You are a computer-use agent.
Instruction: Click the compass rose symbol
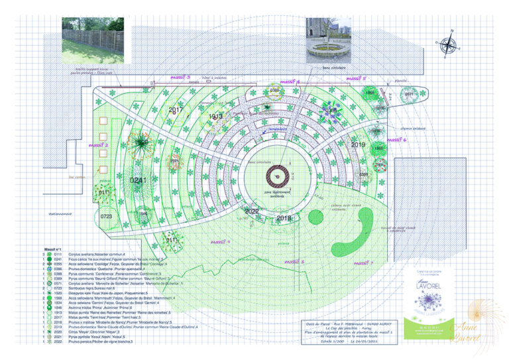pyautogui.click(x=449, y=44)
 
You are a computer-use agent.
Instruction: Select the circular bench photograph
pyautogui.click(x=328, y=38)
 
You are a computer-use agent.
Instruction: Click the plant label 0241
pyautogui.click(x=139, y=180)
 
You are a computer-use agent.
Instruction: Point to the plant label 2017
pyautogui.click(x=176, y=110)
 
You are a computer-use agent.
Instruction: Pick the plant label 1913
pyautogui.click(x=215, y=117)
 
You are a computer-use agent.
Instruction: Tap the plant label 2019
pyautogui.click(x=359, y=144)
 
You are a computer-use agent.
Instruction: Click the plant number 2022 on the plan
pyautogui.click(x=252, y=211)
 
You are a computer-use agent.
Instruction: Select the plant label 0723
pyautogui.click(x=107, y=216)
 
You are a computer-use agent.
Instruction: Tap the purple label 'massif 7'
pyautogui.click(x=363, y=263)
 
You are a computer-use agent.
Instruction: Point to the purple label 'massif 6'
pyautogui.click(x=396, y=140)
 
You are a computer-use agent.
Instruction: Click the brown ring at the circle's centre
pyautogui.click(x=275, y=176)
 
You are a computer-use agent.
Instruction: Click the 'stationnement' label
pyautogui.click(x=60, y=213)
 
